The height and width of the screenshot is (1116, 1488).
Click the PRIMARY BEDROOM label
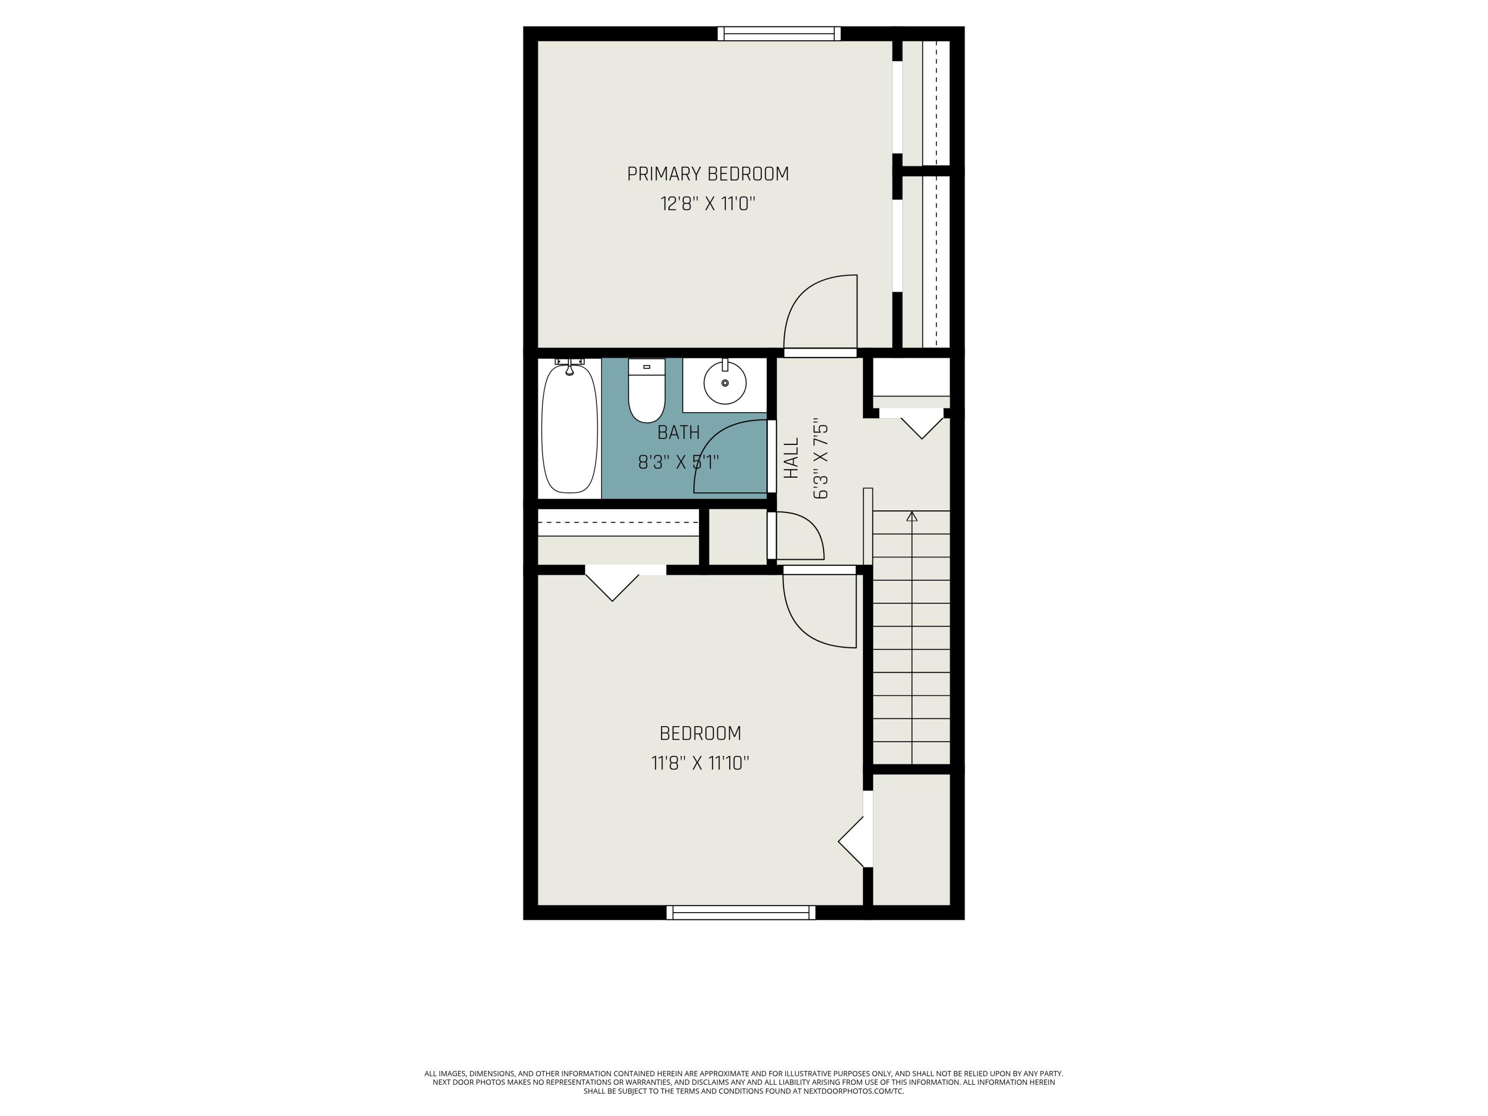coord(708,174)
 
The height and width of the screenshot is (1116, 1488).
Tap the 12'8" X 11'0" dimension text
coord(708,203)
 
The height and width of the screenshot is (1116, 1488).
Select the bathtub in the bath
coord(570,429)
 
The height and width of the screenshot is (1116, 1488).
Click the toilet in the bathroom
coord(646,390)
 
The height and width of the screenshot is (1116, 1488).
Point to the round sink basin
coord(725,383)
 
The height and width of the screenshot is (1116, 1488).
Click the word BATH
coord(678,433)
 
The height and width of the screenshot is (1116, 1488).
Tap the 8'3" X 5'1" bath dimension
coord(679,462)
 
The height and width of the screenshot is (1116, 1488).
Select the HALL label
coord(792,458)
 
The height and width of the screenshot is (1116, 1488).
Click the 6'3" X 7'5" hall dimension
coord(821,461)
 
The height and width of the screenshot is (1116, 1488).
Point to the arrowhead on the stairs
coord(912,516)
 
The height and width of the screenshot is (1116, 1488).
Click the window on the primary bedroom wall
coord(779,34)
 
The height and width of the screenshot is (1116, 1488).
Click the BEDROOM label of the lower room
coord(700,733)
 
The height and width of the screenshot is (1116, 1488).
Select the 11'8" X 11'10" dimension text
coord(700,763)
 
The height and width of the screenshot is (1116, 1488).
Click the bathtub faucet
coord(570,365)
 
